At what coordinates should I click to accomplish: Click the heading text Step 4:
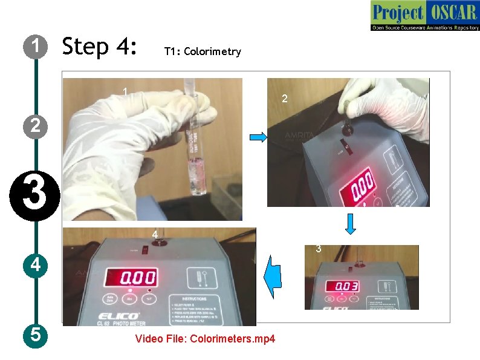(x=100, y=47)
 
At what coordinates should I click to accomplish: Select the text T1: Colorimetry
(x=203, y=51)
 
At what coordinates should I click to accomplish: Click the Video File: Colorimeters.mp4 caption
(x=205, y=339)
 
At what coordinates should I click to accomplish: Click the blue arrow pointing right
(x=258, y=139)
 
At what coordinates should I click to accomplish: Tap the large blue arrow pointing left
(x=273, y=276)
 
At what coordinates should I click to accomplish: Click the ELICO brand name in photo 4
(x=117, y=316)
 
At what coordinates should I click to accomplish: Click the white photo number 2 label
(x=285, y=99)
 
